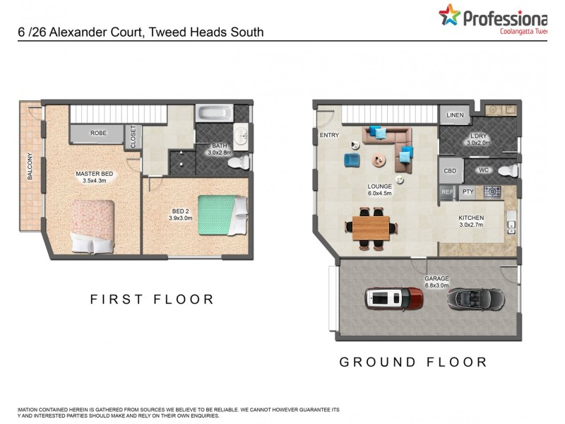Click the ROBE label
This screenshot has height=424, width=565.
point(97,133)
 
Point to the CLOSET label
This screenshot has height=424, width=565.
point(132,136)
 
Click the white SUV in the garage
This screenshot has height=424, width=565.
point(393,299)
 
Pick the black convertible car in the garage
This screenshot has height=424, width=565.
point(476,299)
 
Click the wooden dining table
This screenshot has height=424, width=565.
point(371,228)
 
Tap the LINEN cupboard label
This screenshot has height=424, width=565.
point(455,115)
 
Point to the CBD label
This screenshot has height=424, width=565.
point(449,171)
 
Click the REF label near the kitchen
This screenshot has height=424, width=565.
point(446,192)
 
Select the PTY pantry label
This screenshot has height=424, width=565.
point(467,192)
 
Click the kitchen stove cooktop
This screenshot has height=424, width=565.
point(492,192)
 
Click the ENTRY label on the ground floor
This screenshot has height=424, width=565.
point(329,135)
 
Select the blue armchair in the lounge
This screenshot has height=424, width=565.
point(352,160)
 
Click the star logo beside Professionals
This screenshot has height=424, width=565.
point(449,14)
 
